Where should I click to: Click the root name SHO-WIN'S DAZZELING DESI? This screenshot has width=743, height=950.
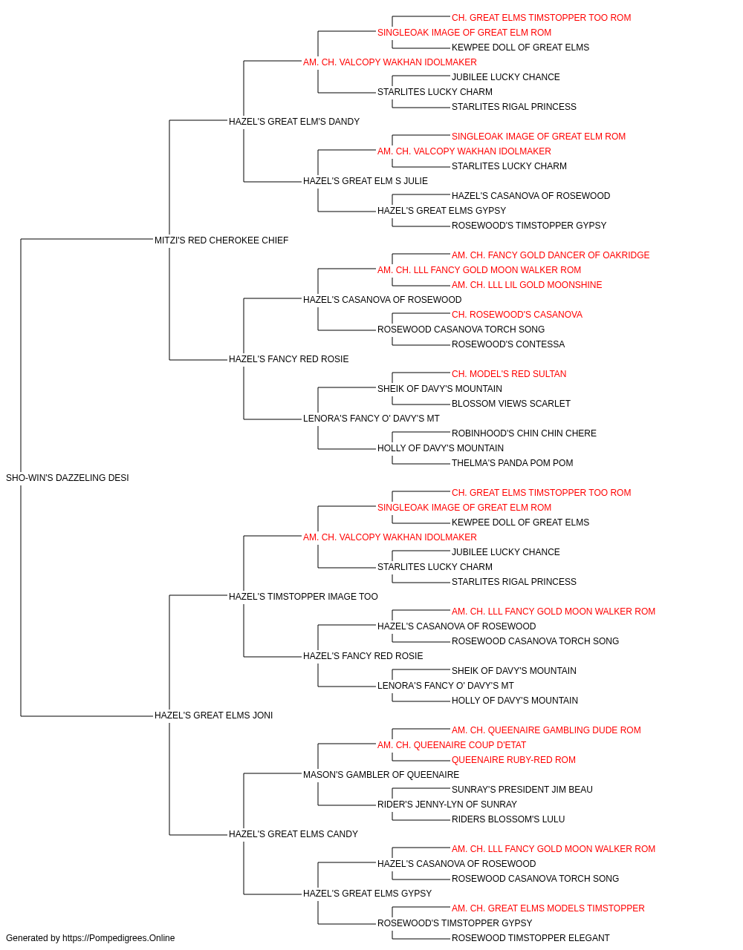[x=68, y=478]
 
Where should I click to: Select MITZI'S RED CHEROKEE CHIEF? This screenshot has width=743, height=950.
[x=221, y=240]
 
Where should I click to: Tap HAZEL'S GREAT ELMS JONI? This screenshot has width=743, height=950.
[x=213, y=715]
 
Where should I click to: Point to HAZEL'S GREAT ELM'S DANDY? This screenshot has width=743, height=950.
[x=294, y=122]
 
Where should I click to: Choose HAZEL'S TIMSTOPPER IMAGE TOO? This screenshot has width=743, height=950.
[x=303, y=597]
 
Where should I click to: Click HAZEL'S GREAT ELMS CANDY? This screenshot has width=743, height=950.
[x=293, y=834]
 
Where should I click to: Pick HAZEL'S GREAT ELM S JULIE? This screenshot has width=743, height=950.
[x=366, y=181]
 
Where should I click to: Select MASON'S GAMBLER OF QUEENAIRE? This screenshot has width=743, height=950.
[x=381, y=775]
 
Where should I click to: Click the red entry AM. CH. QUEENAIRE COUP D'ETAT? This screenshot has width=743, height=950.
[x=452, y=745]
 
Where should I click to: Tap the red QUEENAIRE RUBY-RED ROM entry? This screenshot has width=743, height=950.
[x=513, y=760]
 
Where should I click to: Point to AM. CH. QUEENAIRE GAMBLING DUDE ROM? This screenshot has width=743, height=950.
[x=546, y=730]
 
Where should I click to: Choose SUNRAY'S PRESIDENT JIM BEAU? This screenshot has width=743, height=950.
[x=522, y=790]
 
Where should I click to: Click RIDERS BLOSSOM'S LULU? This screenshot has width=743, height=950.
[x=508, y=819]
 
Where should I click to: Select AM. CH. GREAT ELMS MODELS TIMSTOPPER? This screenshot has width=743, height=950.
[x=548, y=908]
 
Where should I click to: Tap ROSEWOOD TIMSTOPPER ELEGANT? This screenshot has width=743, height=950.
[x=531, y=938]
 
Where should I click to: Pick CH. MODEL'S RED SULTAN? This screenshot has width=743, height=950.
[x=509, y=374]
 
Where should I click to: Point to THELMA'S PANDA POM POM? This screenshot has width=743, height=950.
[x=513, y=463]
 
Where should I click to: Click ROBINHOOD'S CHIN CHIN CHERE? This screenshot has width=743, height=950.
[x=524, y=433]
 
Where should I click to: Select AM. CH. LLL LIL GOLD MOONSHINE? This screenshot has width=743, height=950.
[x=527, y=285]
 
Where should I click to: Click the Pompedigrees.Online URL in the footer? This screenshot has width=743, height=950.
[x=119, y=938]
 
